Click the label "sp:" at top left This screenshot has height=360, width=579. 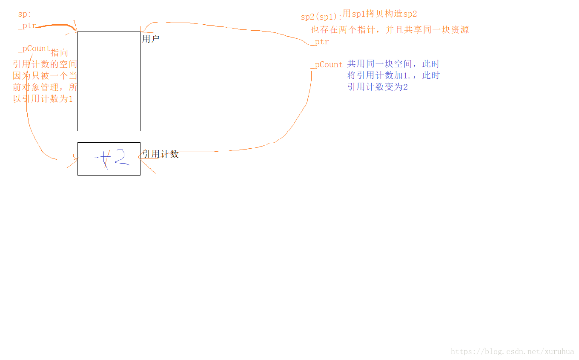click(24, 14)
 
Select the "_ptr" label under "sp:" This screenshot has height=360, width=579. click(27, 26)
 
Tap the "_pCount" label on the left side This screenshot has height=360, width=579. click(34, 49)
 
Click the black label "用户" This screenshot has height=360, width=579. click(151, 39)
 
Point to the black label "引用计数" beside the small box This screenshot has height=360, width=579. click(161, 154)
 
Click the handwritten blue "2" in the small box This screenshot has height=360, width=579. click(121, 157)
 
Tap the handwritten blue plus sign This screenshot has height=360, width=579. click(103, 158)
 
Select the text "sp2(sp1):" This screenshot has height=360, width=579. click(321, 17)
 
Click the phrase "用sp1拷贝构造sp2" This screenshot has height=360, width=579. click(380, 14)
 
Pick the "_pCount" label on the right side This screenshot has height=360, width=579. click(327, 65)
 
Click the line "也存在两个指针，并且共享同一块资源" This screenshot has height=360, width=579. click(390, 30)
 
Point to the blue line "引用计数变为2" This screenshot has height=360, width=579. click(377, 87)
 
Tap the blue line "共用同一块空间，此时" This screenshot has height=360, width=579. click(393, 64)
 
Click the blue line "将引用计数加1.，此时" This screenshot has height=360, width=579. click(393, 75)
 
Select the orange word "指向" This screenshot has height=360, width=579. click(60, 53)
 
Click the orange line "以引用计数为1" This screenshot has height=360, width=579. click(43, 99)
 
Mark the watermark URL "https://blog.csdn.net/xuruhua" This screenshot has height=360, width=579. click(512, 352)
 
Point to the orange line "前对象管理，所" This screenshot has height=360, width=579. click(45, 88)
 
